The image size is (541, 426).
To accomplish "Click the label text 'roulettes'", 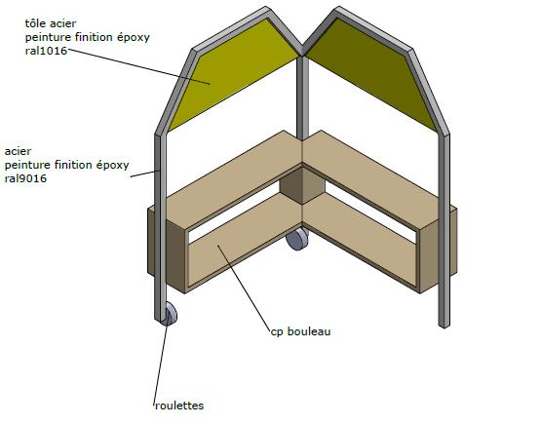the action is (x=179, y=406).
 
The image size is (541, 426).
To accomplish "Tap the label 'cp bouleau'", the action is (x=300, y=331).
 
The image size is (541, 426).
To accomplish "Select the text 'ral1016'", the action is (x=46, y=51).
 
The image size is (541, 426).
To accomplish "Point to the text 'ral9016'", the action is (x=25, y=178).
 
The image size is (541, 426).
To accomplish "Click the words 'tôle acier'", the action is (x=51, y=23).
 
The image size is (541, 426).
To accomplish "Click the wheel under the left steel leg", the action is (x=171, y=314).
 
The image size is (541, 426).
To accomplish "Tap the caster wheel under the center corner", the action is (x=297, y=238).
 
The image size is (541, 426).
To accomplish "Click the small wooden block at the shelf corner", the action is (x=302, y=185).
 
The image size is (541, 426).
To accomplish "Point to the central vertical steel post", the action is (x=302, y=98).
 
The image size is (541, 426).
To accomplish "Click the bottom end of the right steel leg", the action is (x=444, y=325).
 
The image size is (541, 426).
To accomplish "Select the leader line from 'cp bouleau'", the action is (x=244, y=289).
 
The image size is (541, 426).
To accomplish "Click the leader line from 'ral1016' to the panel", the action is (x=138, y=66).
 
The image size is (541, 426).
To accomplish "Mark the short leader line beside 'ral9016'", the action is (x=145, y=174).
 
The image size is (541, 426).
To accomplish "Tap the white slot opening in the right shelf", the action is (x=371, y=212).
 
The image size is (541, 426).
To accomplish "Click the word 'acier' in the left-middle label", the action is (x=18, y=151).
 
